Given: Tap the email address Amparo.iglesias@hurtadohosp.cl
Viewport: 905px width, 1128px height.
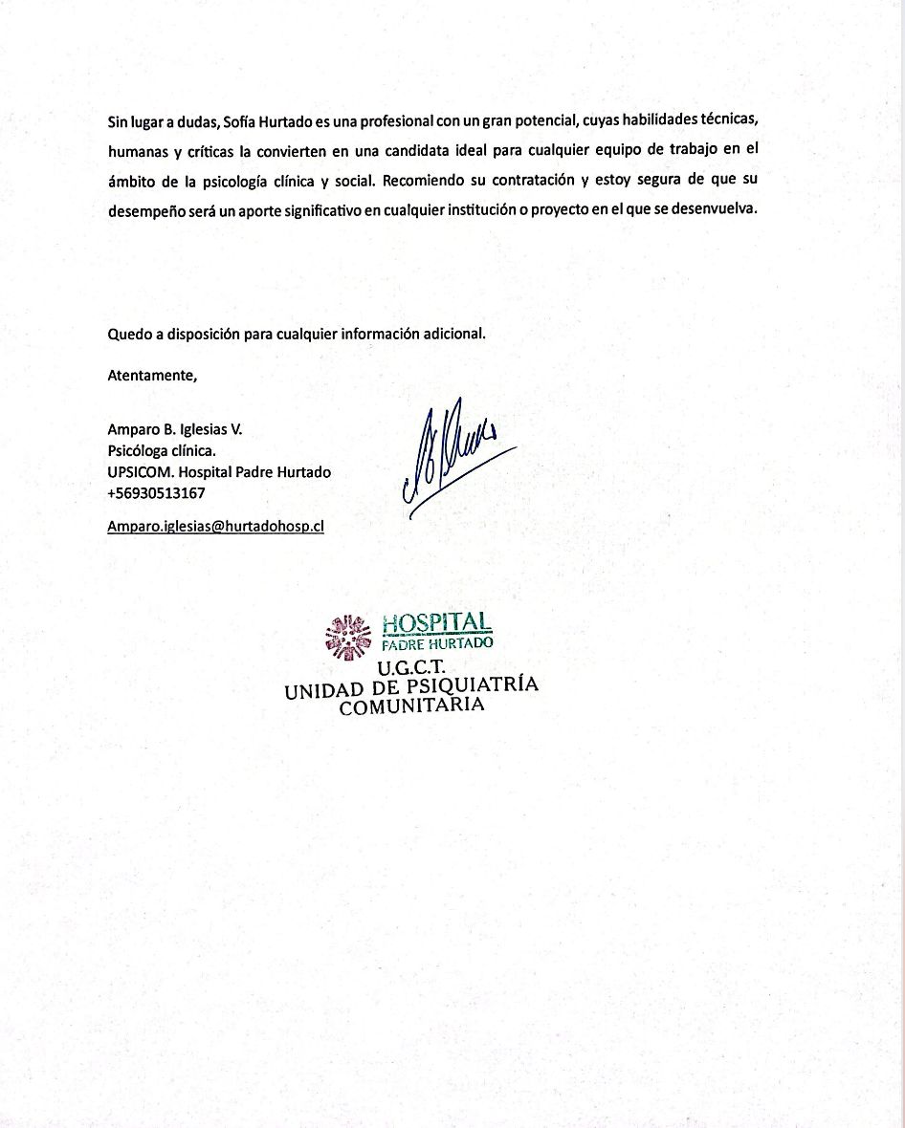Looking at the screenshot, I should [215, 526].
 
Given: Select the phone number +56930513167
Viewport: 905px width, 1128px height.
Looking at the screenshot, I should [156, 493].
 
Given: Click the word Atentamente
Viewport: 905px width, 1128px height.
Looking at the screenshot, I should [152, 376].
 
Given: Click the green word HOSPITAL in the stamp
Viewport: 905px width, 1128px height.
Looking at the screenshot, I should [437, 624].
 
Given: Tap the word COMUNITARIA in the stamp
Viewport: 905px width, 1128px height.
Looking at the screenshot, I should [411, 706].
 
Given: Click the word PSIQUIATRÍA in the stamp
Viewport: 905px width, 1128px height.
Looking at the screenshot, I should [473, 687].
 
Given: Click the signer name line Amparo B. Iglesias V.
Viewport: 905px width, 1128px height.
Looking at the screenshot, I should [175, 430].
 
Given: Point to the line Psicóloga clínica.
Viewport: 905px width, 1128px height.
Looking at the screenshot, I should [162, 451].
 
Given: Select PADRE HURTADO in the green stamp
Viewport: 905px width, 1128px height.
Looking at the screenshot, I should [437, 643].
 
